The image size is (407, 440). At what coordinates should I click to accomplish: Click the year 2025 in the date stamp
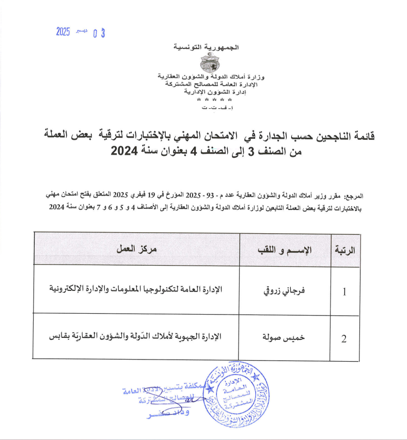62,31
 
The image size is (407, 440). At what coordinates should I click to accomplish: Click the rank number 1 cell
345,292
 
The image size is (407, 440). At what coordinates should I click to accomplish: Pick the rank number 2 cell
344,339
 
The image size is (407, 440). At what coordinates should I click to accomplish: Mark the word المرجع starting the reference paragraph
354,197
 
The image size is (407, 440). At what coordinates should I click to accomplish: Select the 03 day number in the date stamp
99,34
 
